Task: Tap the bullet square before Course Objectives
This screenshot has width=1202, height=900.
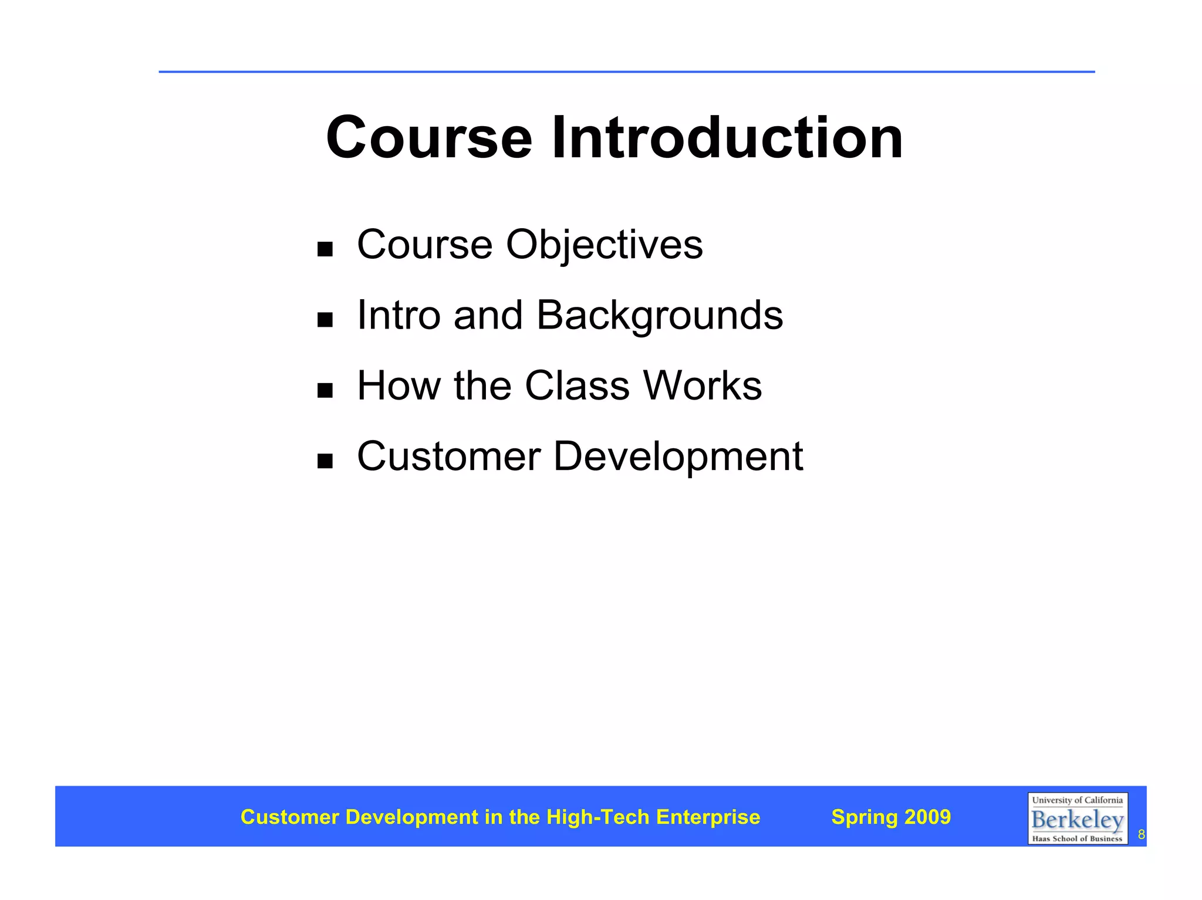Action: point(325,249)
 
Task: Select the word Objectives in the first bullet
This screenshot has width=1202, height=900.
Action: point(604,245)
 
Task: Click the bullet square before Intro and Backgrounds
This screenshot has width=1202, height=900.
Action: point(325,320)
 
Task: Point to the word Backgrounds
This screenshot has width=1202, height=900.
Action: point(659,316)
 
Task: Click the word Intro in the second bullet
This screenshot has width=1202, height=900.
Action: point(399,315)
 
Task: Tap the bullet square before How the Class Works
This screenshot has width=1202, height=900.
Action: point(325,390)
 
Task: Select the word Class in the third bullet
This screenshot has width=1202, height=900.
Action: point(577,385)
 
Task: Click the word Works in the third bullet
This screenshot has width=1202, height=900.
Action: point(703,385)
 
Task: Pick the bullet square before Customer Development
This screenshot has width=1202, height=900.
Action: point(325,461)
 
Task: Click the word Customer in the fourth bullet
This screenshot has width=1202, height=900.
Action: point(448,456)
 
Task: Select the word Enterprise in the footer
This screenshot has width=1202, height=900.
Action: point(708,817)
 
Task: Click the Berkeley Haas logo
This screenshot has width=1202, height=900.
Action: point(1077,818)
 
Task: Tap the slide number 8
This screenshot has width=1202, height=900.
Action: point(1141,834)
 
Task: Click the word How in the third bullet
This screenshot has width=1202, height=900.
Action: point(399,385)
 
